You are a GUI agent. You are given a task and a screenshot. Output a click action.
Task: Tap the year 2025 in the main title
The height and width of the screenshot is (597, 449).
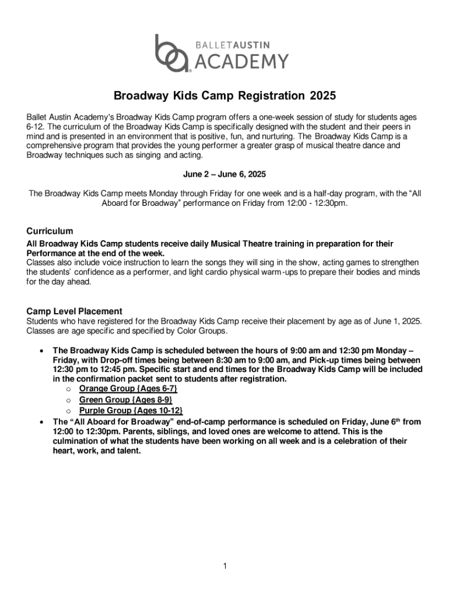[323, 95]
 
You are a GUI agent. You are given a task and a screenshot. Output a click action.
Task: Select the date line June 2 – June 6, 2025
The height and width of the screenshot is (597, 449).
[224, 174]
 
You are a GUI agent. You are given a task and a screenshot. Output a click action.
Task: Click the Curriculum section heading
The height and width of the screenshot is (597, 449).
[50, 231]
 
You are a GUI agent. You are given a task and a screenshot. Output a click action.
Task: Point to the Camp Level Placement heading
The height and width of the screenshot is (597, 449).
[75, 311]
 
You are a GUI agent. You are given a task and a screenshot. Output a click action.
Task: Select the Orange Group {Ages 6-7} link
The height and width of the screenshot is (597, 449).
[128, 388]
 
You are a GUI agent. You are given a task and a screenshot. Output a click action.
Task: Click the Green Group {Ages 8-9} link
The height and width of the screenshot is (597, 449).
[126, 400]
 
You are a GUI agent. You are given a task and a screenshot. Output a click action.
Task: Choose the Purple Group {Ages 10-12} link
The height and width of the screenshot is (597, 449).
[131, 411]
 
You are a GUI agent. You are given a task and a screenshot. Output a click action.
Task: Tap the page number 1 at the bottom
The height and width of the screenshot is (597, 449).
[224, 566]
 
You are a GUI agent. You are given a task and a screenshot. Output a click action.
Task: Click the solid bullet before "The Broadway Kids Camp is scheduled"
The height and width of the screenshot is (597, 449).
[40, 351]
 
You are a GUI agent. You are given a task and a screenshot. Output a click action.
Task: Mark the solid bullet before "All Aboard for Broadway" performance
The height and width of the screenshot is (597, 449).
[40, 422]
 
